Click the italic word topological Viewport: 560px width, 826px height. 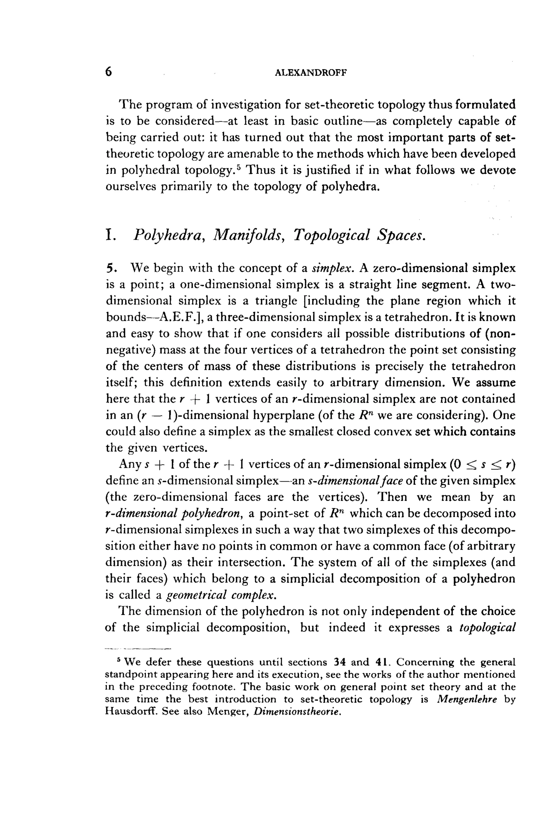[x=487, y=628]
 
